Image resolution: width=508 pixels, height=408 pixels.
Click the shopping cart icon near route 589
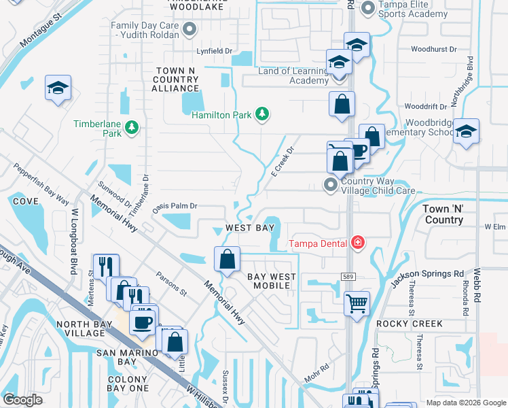point(357,303)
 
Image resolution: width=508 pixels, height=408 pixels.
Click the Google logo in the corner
point(22,400)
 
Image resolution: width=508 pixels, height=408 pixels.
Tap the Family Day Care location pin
point(190,29)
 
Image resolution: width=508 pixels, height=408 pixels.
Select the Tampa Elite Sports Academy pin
point(368,7)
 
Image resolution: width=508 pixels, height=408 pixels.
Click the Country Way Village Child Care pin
point(331,185)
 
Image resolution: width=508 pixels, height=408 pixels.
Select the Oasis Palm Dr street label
point(175,205)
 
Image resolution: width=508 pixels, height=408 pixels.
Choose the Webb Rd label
point(477,289)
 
